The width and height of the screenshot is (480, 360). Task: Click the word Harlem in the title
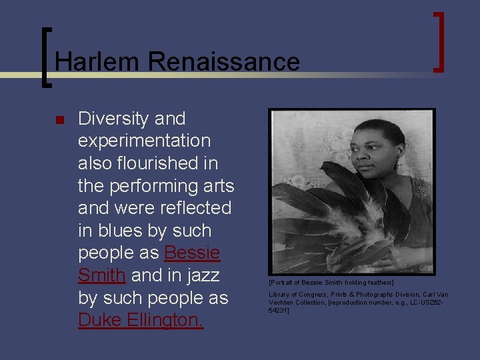97,62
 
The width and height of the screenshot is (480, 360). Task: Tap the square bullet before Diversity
59,121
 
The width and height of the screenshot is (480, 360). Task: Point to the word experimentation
144,141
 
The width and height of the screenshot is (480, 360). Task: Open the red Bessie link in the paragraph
192,253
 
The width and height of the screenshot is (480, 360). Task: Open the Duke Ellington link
141,321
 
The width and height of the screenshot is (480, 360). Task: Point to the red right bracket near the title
439,41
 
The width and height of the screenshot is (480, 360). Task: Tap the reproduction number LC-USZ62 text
426,302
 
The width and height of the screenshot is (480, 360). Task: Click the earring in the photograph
397,163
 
